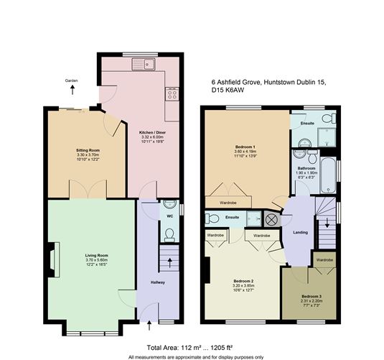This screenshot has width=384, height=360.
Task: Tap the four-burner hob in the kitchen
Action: click(172, 93)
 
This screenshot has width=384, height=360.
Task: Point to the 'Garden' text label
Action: click(71, 81)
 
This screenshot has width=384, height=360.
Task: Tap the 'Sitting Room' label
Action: click(87, 151)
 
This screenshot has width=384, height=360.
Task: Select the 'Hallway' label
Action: click(158, 282)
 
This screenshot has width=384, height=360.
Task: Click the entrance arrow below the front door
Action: click(149, 327)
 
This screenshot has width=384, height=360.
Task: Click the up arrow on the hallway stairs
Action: click(169, 259)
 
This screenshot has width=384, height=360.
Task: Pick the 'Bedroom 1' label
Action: click(245, 147)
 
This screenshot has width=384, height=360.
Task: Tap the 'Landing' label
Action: click(301, 232)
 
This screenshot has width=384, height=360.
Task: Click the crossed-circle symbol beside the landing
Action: click(272, 219)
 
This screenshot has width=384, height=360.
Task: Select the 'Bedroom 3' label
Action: click(310, 296)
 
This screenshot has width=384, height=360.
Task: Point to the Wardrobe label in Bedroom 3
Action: click(324, 259)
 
